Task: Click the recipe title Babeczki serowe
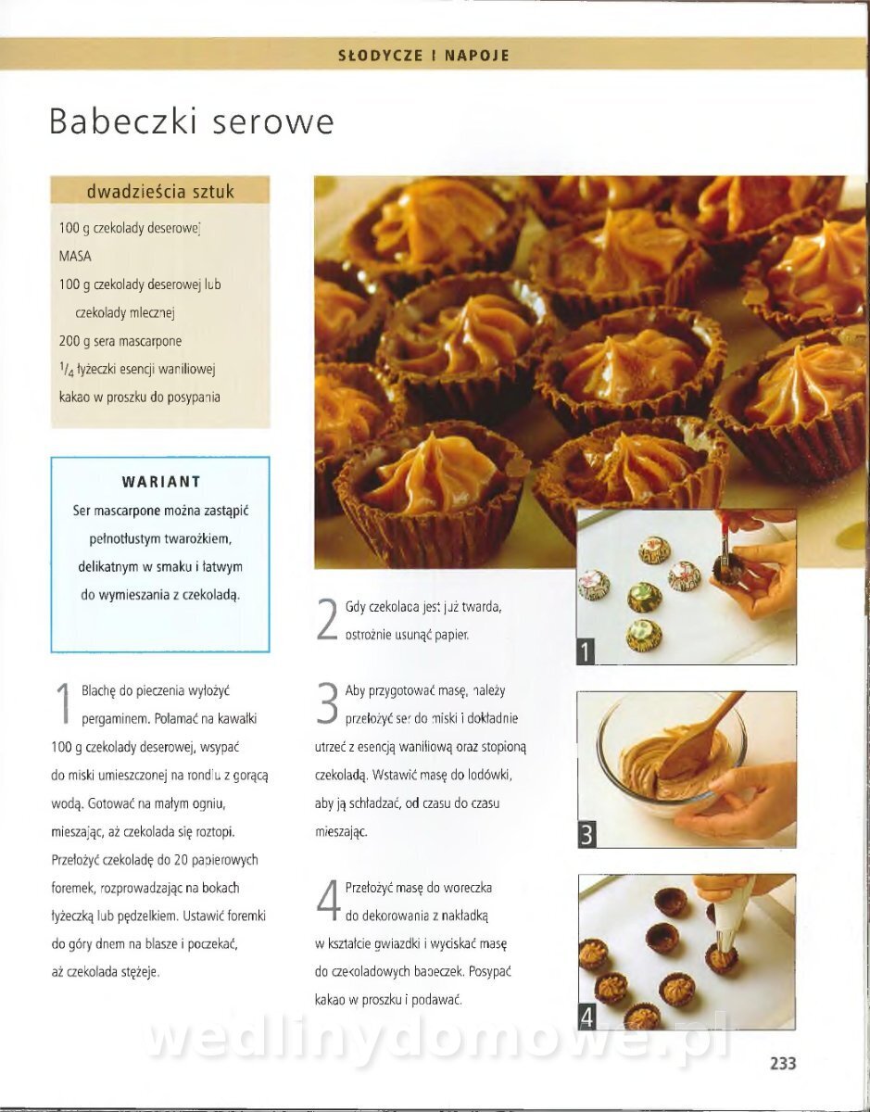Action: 192,121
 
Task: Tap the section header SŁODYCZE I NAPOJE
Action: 424,56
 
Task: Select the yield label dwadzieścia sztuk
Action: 160,192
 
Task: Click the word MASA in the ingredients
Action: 75,256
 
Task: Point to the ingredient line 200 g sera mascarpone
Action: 120,341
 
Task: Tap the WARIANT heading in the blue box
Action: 161,482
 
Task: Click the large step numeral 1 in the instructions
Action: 63,703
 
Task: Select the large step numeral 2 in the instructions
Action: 327,619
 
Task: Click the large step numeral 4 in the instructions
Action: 328,900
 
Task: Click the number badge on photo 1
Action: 586,652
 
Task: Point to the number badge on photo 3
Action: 586,835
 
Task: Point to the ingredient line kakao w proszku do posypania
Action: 140,398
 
